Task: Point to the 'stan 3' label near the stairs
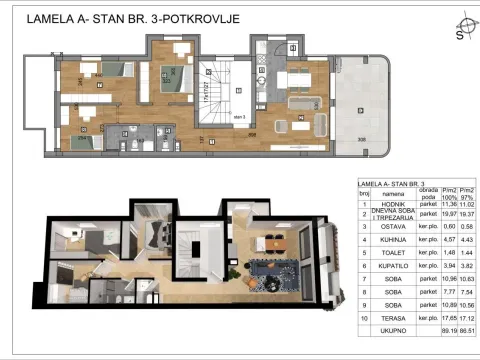pos(239,117)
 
